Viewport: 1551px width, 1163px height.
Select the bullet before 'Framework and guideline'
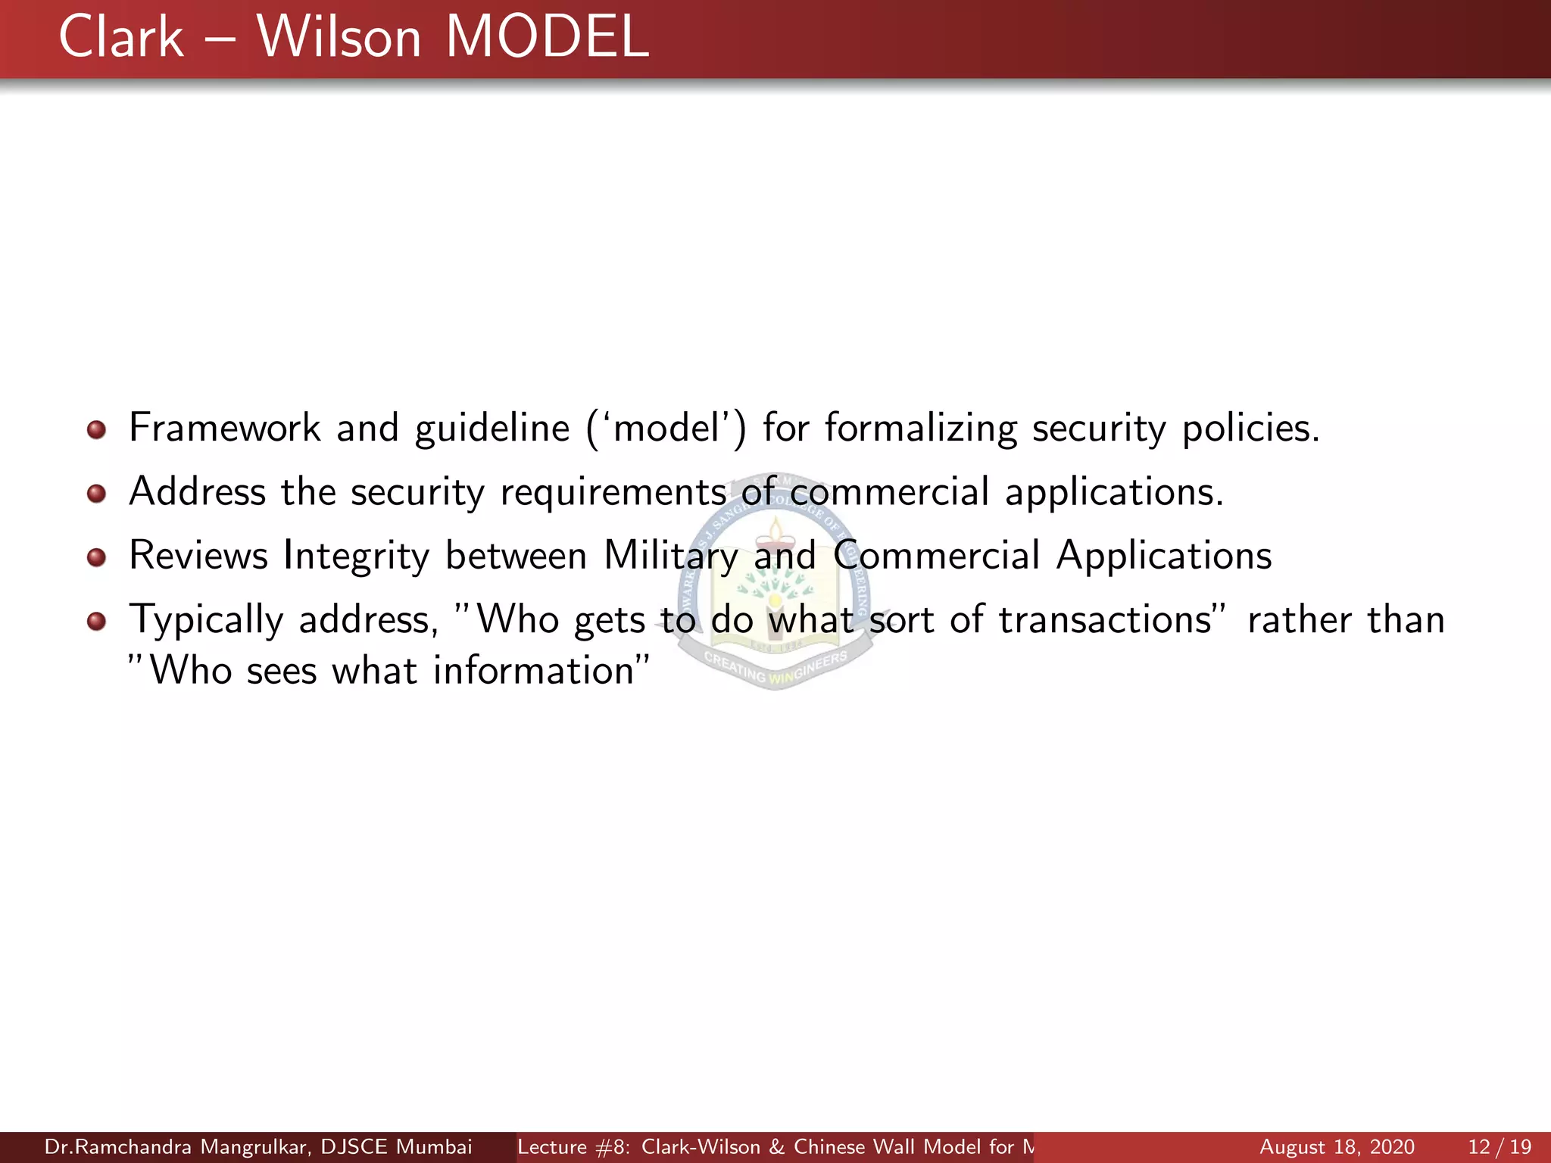(x=96, y=430)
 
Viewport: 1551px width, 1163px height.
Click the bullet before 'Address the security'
(x=96, y=494)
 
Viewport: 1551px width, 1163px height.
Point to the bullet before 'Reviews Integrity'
(x=96, y=558)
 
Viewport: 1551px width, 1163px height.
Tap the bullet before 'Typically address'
(x=96, y=622)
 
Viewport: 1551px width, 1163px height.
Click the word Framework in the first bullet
(x=225, y=428)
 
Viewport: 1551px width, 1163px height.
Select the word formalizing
(x=920, y=429)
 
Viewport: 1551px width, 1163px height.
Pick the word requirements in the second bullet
(x=613, y=493)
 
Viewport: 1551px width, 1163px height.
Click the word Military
(x=670, y=557)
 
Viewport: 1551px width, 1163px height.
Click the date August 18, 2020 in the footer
(x=1337, y=1147)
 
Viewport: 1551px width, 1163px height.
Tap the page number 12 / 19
(x=1499, y=1147)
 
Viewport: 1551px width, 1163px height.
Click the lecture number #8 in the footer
(x=613, y=1147)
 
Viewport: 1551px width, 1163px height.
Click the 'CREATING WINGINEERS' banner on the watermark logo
(x=774, y=667)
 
